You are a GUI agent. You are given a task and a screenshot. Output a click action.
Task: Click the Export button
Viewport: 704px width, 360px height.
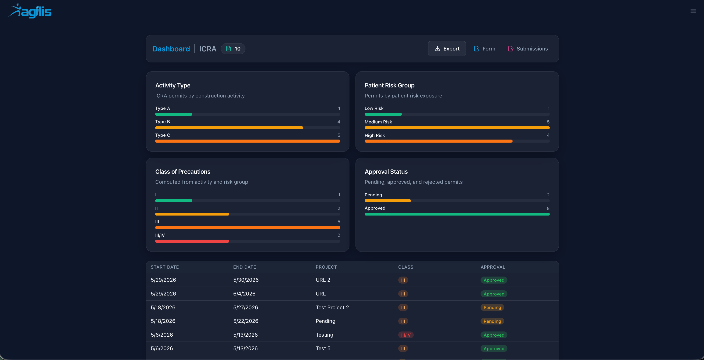pos(447,49)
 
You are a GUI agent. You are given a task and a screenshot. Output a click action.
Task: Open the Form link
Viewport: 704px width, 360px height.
pos(485,49)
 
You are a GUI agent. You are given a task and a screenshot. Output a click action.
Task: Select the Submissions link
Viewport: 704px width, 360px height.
pos(528,49)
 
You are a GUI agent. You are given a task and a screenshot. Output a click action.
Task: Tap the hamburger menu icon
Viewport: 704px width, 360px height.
pos(693,11)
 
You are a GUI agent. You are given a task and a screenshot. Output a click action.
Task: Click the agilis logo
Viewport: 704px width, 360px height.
pos(30,11)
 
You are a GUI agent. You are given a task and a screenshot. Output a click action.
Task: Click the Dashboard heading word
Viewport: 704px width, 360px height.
pos(171,49)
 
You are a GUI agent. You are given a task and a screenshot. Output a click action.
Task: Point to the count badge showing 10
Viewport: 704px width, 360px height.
pos(233,49)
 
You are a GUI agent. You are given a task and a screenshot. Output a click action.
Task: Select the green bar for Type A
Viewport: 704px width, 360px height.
pos(174,114)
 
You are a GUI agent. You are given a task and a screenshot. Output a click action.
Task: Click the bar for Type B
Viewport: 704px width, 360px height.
pos(229,128)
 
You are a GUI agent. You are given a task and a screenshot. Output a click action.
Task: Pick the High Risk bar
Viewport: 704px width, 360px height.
pos(438,141)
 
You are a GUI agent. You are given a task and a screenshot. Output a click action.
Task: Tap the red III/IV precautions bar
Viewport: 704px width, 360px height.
pos(192,241)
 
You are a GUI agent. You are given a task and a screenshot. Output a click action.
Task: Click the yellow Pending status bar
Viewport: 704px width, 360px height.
pos(388,201)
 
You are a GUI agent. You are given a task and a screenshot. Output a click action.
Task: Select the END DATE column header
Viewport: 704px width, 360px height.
pos(244,267)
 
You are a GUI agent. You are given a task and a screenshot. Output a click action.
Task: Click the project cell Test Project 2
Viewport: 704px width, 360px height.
pos(332,307)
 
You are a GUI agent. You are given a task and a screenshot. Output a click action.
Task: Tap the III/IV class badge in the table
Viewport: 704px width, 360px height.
pos(406,335)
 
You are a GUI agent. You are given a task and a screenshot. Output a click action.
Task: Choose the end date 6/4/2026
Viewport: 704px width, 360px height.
pos(244,294)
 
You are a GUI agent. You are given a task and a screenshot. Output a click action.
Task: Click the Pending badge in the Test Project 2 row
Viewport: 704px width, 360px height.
pos(492,307)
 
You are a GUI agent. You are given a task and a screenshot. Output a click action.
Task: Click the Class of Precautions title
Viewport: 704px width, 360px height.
pos(183,172)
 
